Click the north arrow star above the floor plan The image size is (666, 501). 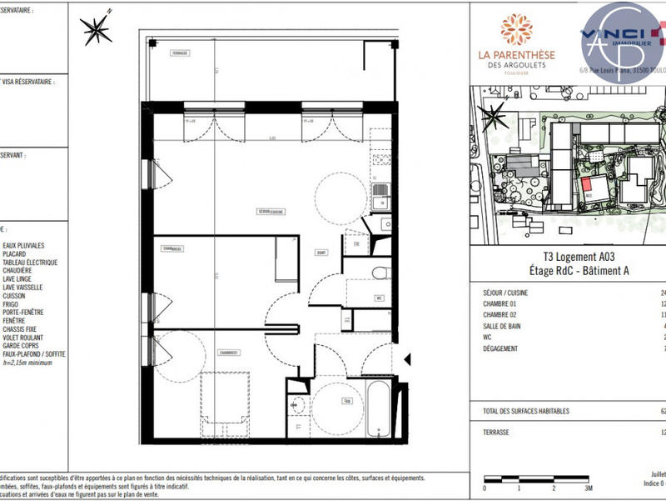97,30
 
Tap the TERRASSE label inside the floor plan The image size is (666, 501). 180,53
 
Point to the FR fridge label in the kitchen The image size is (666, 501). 355,244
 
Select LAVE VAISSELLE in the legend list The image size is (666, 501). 22,288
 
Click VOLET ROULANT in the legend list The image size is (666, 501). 25,338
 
